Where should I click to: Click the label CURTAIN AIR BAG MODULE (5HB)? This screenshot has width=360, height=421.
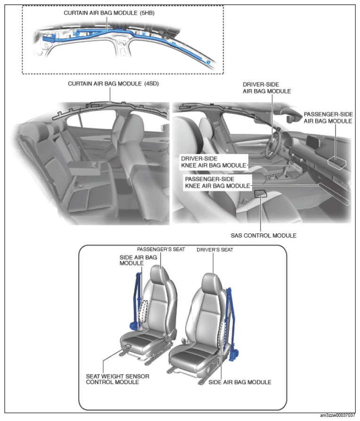pyautogui.click(x=109, y=13)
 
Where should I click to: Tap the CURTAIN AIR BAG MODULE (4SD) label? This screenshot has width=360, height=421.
pyautogui.click(x=113, y=84)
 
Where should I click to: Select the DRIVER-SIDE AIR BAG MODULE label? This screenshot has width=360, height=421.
pyautogui.click(x=267, y=88)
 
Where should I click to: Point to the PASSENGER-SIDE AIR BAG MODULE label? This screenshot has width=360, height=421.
pyautogui.click(x=328, y=117)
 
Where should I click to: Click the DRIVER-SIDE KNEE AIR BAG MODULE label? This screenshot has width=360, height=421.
pyautogui.click(x=214, y=162)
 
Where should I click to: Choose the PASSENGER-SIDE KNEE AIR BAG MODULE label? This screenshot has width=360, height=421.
pyautogui.click(x=217, y=182)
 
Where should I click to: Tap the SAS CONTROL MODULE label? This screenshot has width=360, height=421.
pyautogui.click(x=263, y=235)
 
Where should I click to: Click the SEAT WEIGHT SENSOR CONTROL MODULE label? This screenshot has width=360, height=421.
pyautogui.click(x=118, y=379)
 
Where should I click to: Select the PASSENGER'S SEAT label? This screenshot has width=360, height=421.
pyautogui.click(x=161, y=249)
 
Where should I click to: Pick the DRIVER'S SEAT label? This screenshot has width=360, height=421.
pyautogui.click(x=215, y=250)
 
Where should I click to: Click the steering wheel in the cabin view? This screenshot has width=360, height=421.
pyautogui.click(x=273, y=144)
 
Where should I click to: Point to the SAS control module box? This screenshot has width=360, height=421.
pyautogui.click(x=260, y=193)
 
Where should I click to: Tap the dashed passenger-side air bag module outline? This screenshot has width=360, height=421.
pyautogui.click(x=337, y=163)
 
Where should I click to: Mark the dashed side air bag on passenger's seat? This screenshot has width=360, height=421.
pyautogui.click(x=143, y=311)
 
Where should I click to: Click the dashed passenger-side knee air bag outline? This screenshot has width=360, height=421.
pyautogui.click(x=334, y=194)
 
